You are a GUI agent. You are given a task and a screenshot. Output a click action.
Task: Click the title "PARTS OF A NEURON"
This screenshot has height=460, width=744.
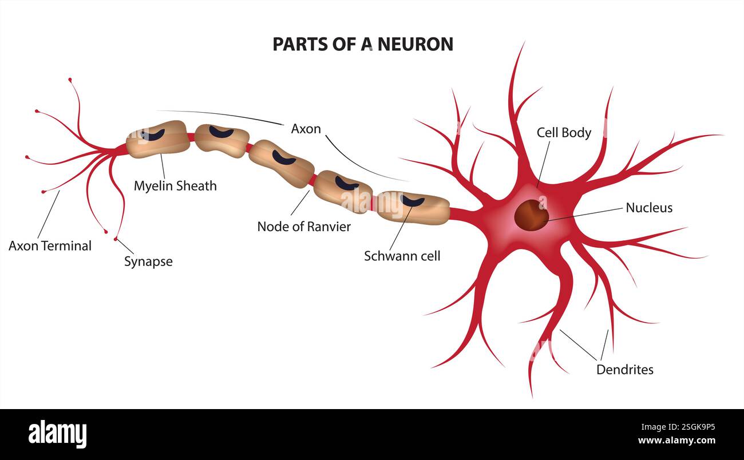pyautogui.click(x=362, y=44)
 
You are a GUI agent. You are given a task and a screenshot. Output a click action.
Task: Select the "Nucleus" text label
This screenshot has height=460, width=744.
pyautogui.click(x=648, y=208)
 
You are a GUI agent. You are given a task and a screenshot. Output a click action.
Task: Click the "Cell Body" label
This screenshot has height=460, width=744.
pyautogui.click(x=564, y=133)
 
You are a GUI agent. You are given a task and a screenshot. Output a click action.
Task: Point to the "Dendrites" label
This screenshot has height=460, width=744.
pyautogui.click(x=624, y=370)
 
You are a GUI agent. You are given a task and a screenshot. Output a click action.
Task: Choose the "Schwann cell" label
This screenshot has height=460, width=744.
pyautogui.click(x=402, y=256)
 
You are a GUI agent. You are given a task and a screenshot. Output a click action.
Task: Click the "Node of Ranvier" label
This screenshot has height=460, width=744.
pyautogui.click(x=304, y=226)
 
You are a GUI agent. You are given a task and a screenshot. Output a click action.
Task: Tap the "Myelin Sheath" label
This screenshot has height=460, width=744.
pyautogui.click(x=175, y=185)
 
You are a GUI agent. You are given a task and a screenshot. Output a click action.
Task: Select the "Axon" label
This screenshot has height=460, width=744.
pyautogui.click(x=306, y=129)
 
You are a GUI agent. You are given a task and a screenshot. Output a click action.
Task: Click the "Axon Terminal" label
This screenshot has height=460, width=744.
pyautogui.click(x=50, y=246)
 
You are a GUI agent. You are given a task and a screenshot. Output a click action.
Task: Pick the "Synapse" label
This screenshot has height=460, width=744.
pyautogui.click(x=148, y=261)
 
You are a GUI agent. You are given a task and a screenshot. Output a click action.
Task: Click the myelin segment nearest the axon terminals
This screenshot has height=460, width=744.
pyautogui.click(x=158, y=138)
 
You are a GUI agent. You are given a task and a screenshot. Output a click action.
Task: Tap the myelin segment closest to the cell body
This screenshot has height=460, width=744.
pyautogui.click(x=413, y=207)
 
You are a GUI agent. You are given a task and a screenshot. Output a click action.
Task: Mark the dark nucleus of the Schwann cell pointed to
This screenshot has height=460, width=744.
pyautogui.click(x=413, y=201)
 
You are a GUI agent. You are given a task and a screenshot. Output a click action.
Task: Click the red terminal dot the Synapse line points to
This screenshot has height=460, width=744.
pyautogui.click(x=116, y=238)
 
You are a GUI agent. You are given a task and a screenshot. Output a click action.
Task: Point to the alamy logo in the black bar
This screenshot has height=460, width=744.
pyautogui.click(x=57, y=434)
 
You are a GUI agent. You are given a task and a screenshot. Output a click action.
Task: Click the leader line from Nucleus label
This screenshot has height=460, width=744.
pyautogui.click(x=584, y=213)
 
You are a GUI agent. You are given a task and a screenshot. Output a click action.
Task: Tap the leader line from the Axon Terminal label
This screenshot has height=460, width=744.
pyautogui.click(x=49, y=215)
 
